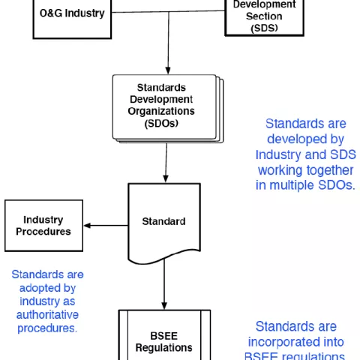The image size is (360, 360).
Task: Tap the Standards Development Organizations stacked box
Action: coord(163,106)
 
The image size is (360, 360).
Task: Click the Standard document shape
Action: coord(163,222)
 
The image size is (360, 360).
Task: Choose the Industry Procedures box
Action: coord(43,226)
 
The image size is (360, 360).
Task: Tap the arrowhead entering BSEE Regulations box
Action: coord(163,304)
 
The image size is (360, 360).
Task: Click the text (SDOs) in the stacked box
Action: coord(162,124)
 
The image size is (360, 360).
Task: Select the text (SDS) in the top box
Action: coord(264,28)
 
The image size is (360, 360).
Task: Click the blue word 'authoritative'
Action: coord(47,314)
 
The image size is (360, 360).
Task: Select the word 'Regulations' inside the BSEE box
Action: coord(163,347)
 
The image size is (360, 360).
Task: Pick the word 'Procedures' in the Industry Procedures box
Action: coord(43,232)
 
